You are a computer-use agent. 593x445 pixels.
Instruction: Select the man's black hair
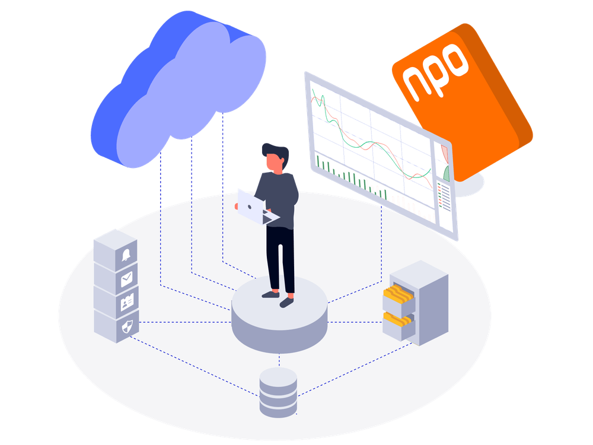277,152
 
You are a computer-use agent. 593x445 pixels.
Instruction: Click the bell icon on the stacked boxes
126,255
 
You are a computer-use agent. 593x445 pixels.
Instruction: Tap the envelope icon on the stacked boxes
127,279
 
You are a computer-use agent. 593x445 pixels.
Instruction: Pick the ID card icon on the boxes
127,302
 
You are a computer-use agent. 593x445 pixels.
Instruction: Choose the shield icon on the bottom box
127,326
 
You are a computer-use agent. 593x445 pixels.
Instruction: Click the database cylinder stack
278,392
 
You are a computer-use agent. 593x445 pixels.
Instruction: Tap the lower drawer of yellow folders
398,325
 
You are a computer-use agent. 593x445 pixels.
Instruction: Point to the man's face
274,163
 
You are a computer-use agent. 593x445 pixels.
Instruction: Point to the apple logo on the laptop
250,207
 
